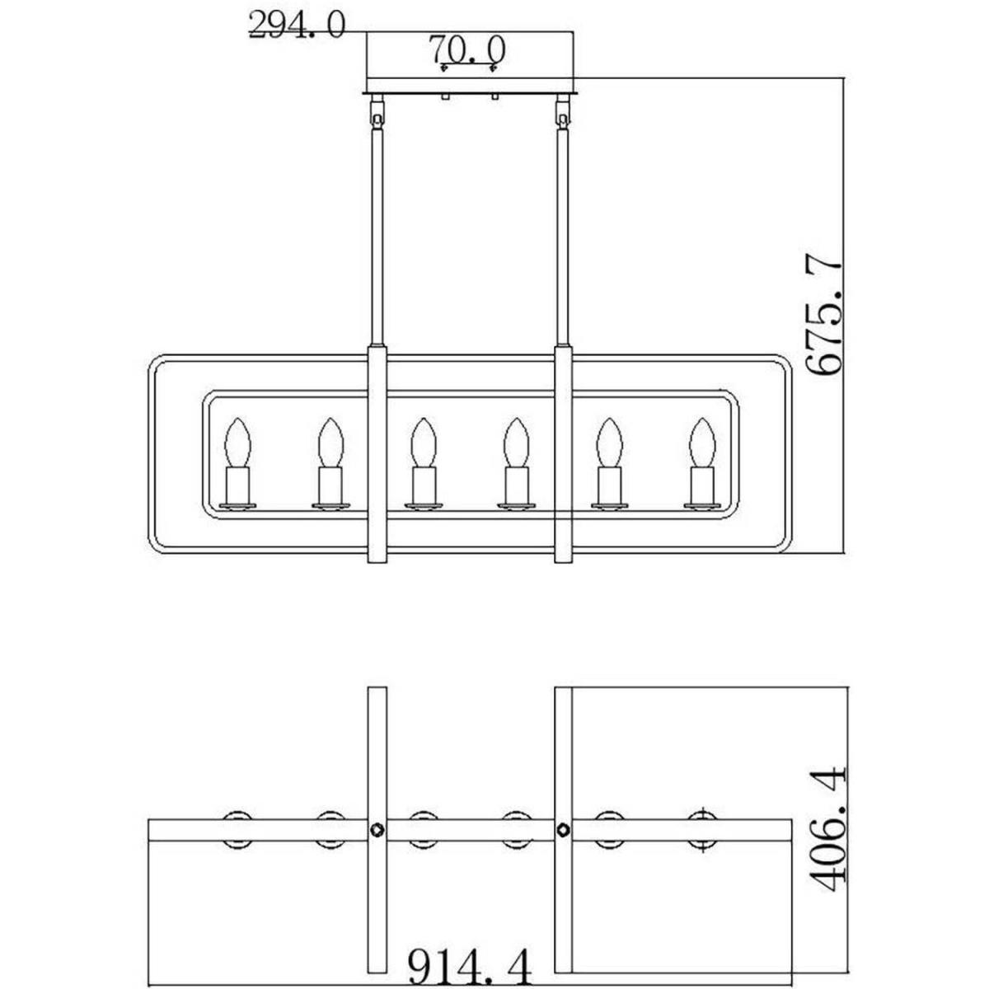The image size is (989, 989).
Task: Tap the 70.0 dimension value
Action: click(x=467, y=49)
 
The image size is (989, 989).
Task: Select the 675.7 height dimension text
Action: click(x=823, y=317)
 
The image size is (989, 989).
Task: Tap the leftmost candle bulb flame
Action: click(x=237, y=443)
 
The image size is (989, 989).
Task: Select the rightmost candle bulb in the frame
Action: click(x=702, y=443)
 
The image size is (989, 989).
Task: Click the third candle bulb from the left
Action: click(x=424, y=443)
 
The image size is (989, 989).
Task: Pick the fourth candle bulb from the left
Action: click(x=516, y=443)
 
